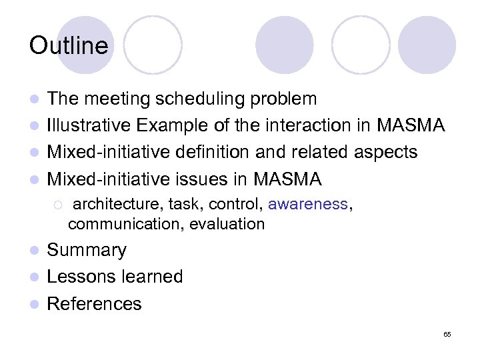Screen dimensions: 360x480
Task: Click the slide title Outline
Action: click(x=69, y=45)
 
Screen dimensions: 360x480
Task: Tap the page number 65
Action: click(x=447, y=334)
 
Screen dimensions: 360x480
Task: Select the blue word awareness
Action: click(x=307, y=204)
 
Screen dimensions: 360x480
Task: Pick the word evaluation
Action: click(x=227, y=224)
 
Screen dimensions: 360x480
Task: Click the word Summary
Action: click(x=87, y=250)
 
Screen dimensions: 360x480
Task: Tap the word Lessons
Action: click(x=77, y=277)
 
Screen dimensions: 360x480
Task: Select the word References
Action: click(x=94, y=303)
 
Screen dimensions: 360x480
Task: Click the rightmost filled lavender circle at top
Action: click(x=427, y=45)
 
